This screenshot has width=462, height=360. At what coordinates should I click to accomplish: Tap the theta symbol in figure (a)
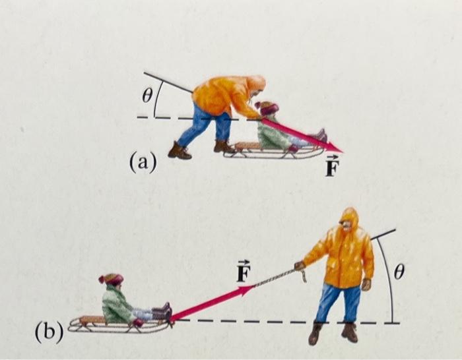148,96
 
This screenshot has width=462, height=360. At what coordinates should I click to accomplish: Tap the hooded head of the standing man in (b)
348,224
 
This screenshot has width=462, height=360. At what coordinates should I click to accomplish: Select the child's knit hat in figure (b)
112,280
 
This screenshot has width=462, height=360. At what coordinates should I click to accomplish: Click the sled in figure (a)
264,153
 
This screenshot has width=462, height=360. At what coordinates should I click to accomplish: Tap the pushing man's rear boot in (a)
179,151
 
